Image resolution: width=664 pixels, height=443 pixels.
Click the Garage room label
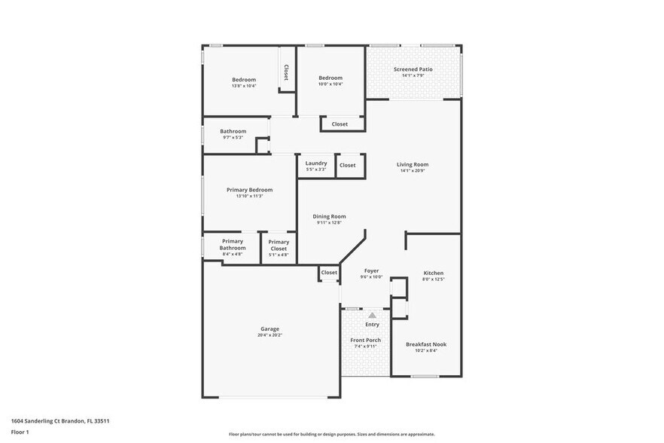tap(270, 328)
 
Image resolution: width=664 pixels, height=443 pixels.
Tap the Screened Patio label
tap(413, 69)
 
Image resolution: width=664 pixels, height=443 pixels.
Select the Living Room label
tap(413, 164)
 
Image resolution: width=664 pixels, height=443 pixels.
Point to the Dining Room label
tap(329, 216)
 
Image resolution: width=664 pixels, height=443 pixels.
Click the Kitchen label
tap(433, 273)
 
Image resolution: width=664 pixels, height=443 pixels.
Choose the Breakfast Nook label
tap(426, 344)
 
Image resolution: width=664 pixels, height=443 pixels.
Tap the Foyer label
tap(371, 270)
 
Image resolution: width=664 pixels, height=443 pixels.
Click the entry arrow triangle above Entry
tap(372, 315)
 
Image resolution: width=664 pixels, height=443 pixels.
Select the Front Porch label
tap(366, 340)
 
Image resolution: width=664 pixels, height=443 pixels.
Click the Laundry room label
tap(316, 163)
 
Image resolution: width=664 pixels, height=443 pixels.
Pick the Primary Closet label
tap(279, 245)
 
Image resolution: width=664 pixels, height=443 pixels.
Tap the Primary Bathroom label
tap(233, 244)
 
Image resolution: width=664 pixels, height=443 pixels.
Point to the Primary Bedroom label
tap(249, 190)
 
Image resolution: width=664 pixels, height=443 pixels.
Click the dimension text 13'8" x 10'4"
tap(244, 86)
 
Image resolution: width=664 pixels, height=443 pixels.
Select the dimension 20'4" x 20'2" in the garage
tap(270, 335)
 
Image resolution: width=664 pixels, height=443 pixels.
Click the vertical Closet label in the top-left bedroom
tap(286, 72)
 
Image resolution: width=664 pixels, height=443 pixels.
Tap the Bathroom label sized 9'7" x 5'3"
tap(233, 131)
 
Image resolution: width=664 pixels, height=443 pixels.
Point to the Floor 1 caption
tap(20, 432)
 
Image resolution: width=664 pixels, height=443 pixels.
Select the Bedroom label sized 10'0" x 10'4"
tap(330, 78)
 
